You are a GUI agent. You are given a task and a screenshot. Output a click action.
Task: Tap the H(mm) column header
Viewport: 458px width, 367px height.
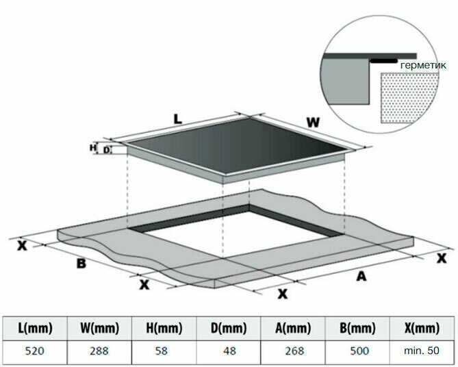pos(164,329)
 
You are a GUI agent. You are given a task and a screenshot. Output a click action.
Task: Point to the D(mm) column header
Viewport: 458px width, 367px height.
pos(228,329)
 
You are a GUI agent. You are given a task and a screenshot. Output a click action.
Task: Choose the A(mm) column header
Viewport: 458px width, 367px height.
pos(293,329)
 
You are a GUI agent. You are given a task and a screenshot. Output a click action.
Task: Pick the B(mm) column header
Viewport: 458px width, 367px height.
pos(357,329)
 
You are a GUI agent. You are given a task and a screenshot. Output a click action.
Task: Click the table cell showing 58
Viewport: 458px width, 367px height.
pos(164,351)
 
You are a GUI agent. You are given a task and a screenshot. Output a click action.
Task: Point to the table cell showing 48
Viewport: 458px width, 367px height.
pos(228,351)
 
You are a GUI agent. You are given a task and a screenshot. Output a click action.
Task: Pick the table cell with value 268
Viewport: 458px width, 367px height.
pos(293,351)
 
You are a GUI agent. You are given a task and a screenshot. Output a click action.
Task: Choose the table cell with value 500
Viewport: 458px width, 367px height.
pos(357,351)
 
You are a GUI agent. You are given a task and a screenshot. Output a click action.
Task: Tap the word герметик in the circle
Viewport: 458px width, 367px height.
pos(423,65)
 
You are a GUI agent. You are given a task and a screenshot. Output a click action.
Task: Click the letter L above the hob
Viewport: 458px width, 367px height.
pos(177,118)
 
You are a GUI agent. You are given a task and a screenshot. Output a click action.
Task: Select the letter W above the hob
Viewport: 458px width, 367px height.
pos(312,123)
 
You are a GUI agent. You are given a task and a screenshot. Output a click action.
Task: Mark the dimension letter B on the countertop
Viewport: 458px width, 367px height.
pos(81,264)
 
